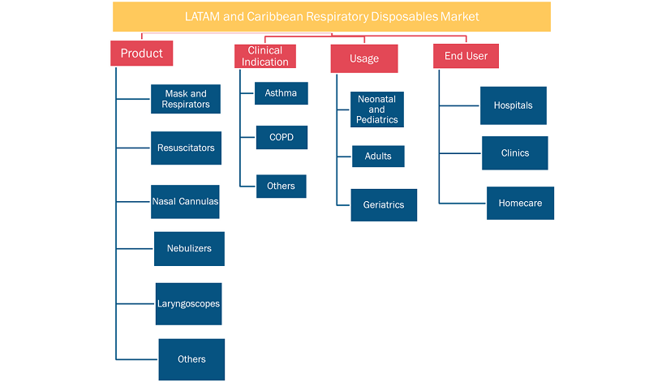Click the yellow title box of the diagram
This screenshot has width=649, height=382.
[332, 16]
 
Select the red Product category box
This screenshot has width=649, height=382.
[141, 53]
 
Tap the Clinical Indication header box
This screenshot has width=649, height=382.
[265, 56]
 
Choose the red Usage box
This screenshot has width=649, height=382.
[364, 58]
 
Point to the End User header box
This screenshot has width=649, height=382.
[466, 56]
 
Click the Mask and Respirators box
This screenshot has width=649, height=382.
[186, 99]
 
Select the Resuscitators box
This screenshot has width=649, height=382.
[186, 148]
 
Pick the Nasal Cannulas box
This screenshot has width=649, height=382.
[185, 202]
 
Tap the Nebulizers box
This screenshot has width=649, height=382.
[189, 249]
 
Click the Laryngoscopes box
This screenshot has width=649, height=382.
[189, 304]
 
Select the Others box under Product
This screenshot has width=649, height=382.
[191, 359]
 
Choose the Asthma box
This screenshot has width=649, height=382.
[281, 93]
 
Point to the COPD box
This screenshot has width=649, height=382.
[282, 137]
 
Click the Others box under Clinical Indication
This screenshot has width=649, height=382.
[281, 187]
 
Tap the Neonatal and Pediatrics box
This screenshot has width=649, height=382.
[377, 109]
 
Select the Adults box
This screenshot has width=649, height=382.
[378, 156]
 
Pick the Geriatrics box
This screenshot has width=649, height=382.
[384, 205]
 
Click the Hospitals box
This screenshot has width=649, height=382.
[514, 105]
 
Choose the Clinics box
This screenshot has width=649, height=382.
[515, 153]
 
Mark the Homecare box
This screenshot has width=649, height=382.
[520, 204]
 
